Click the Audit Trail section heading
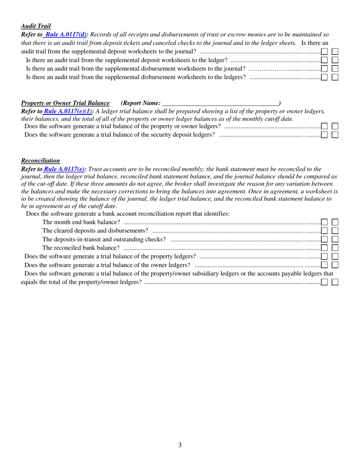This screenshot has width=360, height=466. tap(36, 26)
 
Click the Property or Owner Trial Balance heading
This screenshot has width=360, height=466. tap(65, 103)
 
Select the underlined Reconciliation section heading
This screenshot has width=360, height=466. tap(41, 161)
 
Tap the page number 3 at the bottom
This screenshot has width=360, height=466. tap(180, 445)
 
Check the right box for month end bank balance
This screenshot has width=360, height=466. tap(335, 222)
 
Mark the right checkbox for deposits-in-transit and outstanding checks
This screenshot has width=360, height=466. tap(335, 239)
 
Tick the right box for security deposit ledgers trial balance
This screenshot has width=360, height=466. tap(335, 134)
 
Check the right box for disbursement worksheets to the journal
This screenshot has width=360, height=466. tap(335, 69)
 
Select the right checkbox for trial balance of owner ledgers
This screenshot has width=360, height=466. tap(335, 265)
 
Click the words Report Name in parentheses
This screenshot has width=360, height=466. tap(141, 103)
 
